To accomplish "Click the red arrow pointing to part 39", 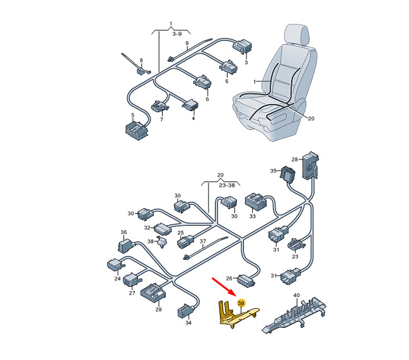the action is pos(224,287).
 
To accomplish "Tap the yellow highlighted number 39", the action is pos(241,303).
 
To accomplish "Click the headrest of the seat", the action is pos(297,35).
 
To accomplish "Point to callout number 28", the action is pos(294,160).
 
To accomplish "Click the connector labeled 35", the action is pos(287,173).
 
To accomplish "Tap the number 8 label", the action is pos(141,61).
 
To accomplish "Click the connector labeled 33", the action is pos(255,202).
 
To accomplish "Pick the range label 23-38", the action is pos(227,185).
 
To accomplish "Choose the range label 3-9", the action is pos(177,33).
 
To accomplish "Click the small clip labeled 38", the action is pos(161,242).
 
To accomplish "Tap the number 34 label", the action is pos(188,323).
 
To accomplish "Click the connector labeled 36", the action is pos(125,246).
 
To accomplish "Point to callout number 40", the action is pos(297,295).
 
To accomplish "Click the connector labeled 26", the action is pos(246,281).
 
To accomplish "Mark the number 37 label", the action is pos(203,241).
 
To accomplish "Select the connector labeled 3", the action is pos(243,47).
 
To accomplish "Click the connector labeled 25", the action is pos(185,242).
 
